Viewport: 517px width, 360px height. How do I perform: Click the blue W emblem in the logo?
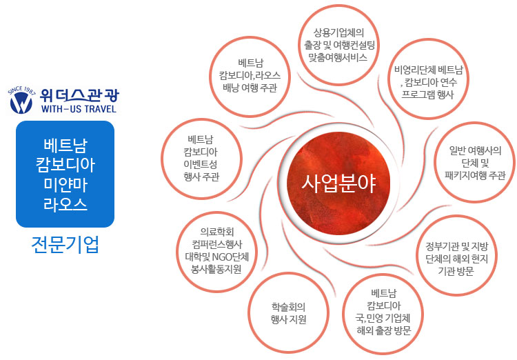point(21,103)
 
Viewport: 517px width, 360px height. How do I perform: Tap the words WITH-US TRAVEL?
point(79,109)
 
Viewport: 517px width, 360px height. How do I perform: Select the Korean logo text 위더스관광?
point(79,95)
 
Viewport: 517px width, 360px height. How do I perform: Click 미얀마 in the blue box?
point(65,184)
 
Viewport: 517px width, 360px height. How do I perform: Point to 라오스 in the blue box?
point(65,204)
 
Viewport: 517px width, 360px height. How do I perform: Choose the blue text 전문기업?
point(65,245)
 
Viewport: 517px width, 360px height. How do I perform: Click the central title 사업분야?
point(338,183)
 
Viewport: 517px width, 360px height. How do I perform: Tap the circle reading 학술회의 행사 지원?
point(288,313)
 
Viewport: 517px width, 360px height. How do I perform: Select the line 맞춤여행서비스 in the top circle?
point(338,57)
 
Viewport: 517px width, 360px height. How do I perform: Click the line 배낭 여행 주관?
point(250,88)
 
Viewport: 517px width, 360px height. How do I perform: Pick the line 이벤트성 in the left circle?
point(201,164)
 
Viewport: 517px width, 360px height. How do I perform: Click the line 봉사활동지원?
point(216,269)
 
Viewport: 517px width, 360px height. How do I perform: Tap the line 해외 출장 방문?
point(384,330)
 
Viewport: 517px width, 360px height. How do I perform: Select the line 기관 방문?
point(456,271)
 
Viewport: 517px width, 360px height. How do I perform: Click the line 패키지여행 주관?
point(475,175)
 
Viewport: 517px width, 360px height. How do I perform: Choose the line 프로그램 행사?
point(427,94)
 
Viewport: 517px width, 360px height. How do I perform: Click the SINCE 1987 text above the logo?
point(22,90)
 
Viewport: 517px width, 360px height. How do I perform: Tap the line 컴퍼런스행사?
point(216,244)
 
